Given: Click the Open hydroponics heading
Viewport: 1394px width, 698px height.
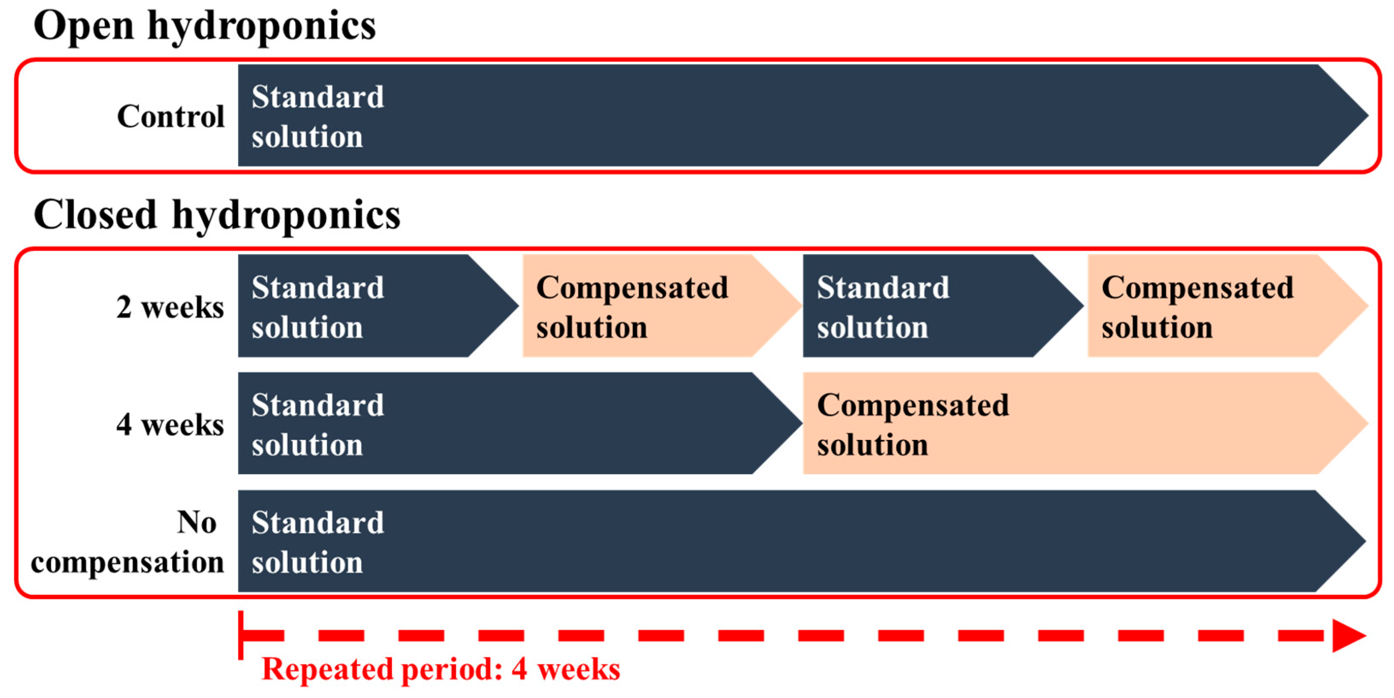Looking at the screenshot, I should tap(205, 26).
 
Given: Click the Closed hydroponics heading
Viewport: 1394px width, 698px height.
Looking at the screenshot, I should tap(217, 215).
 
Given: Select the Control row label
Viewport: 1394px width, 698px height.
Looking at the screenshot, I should tap(170, 116).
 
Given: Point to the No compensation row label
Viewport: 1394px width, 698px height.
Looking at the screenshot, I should tap(128, 543).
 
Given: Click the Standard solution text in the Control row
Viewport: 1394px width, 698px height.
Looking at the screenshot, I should tap(318, 116).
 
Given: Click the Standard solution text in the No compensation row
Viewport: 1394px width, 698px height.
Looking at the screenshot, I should tap(318, 542).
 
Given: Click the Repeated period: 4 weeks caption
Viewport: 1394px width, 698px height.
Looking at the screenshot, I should tap(440, 669).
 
